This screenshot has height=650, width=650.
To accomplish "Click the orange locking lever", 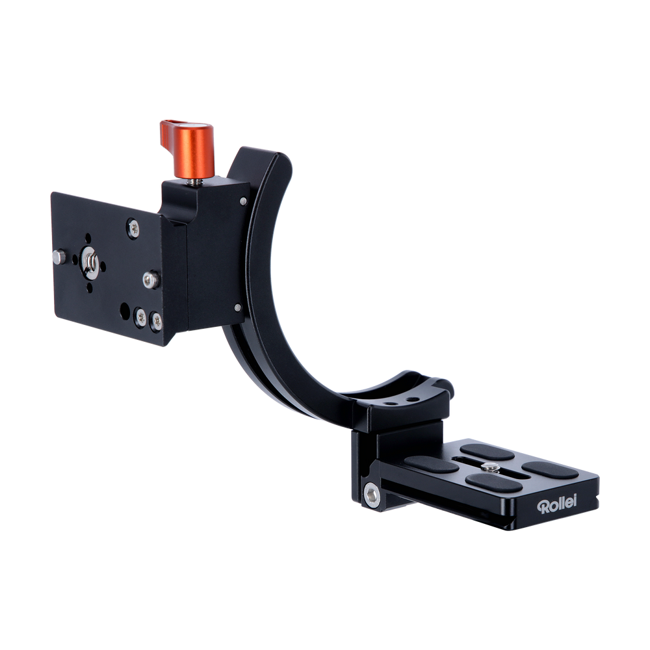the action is tap(188, 148).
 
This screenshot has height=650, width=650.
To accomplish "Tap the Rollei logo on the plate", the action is tap(556, 504).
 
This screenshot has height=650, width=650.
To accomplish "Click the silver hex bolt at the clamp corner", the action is tap(372, 495).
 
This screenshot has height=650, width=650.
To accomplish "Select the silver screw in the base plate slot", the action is tap(490, 467).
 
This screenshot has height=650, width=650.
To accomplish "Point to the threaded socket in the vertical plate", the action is tap(90, 261).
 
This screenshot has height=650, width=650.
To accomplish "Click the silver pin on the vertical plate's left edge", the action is tap(59, 257).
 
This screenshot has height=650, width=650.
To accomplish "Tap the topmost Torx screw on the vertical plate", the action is tap(133, 227).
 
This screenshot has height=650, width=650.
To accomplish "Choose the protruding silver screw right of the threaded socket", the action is tap(151, 279).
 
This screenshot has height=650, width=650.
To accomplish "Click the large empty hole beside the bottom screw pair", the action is tap(124, 310).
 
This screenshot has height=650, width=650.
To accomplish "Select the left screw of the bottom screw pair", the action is tap(141, 318).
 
